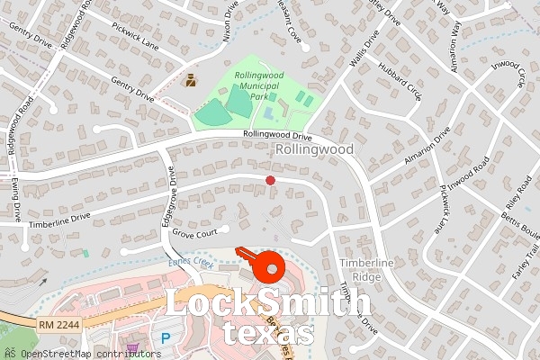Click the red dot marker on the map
point(270,181)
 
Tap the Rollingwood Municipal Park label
point(253,85)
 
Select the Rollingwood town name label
point(314,148)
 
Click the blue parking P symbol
point(165,339)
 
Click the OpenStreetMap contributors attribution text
point(76,353)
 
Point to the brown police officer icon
point(191,80)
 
